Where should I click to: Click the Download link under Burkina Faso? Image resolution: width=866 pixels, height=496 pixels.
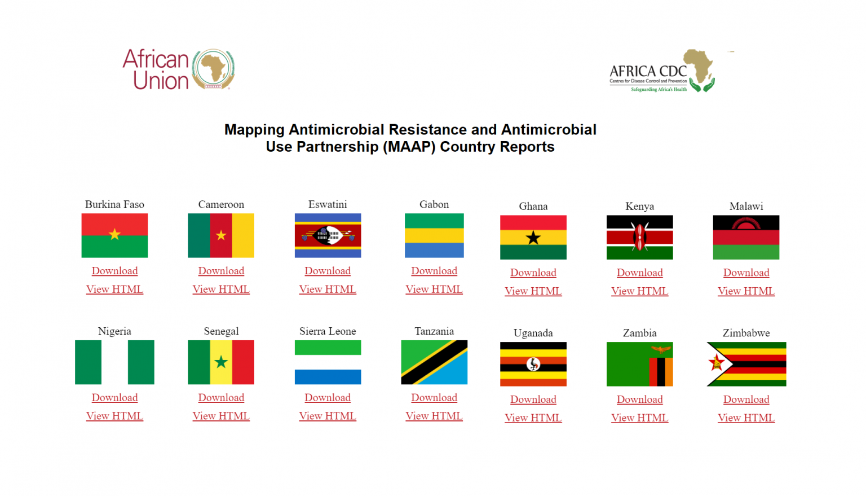click(114, 271)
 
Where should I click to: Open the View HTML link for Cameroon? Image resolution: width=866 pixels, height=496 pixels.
click(221, 289)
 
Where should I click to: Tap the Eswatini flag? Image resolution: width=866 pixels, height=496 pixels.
click(328, 235)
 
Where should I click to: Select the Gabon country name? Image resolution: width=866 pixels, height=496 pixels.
click(434, 204)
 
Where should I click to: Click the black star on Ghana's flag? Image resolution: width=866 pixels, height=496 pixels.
click(533, 238)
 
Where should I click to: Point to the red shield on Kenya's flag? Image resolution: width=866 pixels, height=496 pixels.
click(640, 237)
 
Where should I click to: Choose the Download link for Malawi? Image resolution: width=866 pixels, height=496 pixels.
click(746, 273)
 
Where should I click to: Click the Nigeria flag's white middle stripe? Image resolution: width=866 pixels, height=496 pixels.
click(114, 362)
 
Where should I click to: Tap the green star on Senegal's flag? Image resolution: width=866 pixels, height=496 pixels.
click(221, 362)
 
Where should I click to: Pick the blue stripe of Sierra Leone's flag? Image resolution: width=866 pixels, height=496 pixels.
click(328, 377)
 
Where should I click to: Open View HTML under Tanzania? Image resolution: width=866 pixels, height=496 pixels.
click(434, 416)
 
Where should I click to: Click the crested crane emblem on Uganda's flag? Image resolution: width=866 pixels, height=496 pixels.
click(533, 364)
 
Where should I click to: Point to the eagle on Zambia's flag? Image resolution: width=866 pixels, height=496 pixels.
click(661, 350)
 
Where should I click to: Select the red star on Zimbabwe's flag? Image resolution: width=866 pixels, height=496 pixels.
click(715, 363)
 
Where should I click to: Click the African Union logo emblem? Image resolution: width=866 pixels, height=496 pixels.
click(214, 69)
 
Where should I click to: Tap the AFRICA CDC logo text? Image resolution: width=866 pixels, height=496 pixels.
click(648, 71)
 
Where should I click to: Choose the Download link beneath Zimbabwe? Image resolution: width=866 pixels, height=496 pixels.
click(746, 400)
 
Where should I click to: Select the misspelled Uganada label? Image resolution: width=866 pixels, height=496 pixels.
click(533, 333)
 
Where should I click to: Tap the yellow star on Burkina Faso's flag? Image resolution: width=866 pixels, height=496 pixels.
click(114, 235)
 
